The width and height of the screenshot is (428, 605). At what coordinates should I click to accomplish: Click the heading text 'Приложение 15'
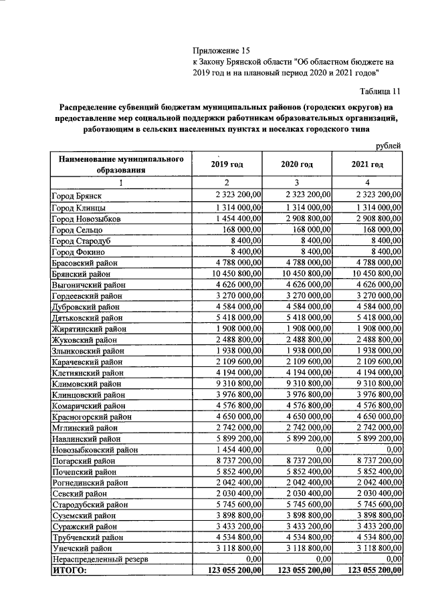221,50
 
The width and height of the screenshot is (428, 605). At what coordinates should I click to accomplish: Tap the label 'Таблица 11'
379,91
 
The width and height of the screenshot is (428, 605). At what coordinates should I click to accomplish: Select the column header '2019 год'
227,164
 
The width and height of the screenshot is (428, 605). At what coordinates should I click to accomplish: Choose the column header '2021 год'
367,164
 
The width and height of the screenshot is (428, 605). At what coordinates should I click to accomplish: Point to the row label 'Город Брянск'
76,195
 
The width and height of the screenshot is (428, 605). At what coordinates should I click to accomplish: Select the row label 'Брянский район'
82,274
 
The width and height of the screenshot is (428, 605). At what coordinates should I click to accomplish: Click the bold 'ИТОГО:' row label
70,570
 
